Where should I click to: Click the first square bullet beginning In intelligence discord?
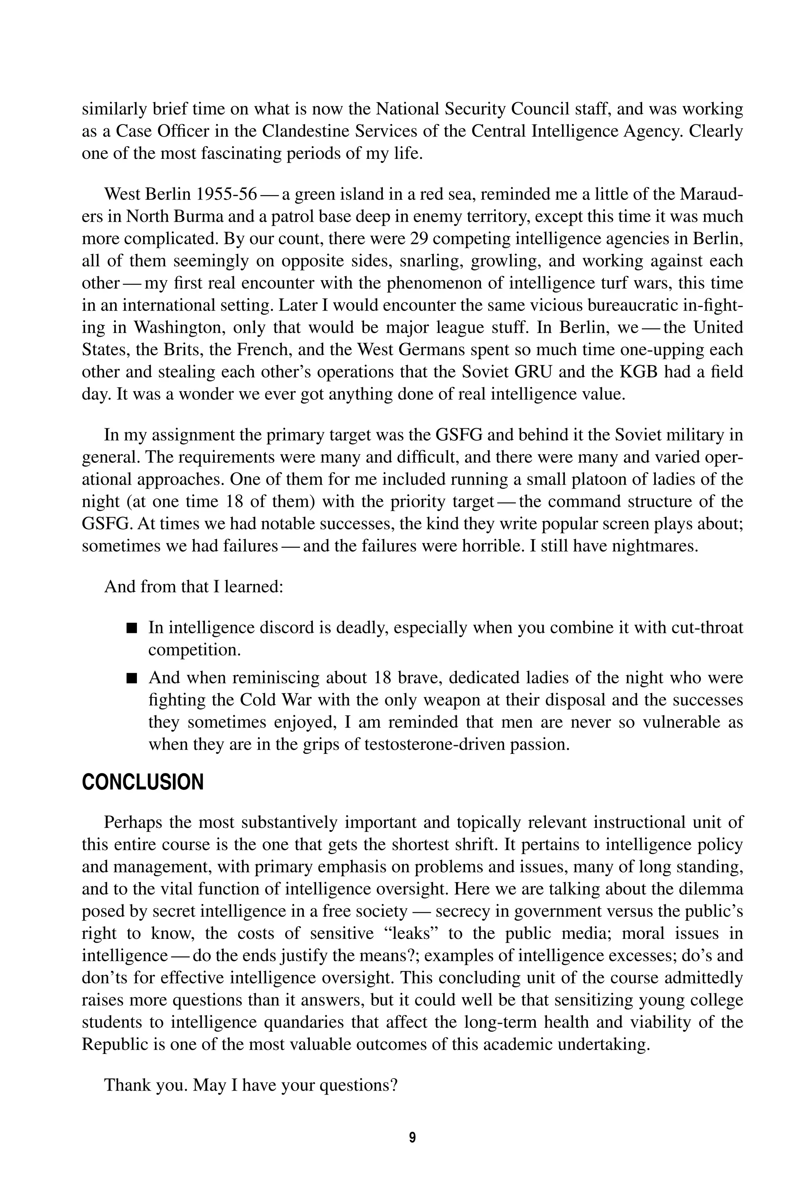click(x=132, y=628)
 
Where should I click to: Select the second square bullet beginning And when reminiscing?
click(x=132, y=678)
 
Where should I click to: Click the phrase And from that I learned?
click(x=194, y=586)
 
